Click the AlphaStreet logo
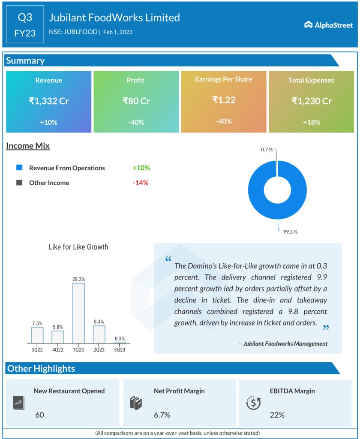tap(328, 25)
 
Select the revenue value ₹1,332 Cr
tap(48, 101)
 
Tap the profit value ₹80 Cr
tap(136, 101)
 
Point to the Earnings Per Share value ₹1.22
tap(224, 100)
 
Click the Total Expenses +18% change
tap(312, 122)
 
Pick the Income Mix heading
tap(28, 146)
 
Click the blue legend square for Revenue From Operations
tap(19, 168)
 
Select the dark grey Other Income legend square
tap(19, 183)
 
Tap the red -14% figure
tap(141, 183)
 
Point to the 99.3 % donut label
tap(290, 232)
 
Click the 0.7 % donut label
tap(267, 149)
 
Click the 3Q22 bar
tap(37, 335)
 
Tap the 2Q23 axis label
tap(99, 349)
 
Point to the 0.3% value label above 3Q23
tap(120, 339)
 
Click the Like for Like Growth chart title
tap(79, 247)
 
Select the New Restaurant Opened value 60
tap(39, 415)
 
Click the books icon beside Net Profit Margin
tap(135, 403)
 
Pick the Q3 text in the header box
tap(25, 18)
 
